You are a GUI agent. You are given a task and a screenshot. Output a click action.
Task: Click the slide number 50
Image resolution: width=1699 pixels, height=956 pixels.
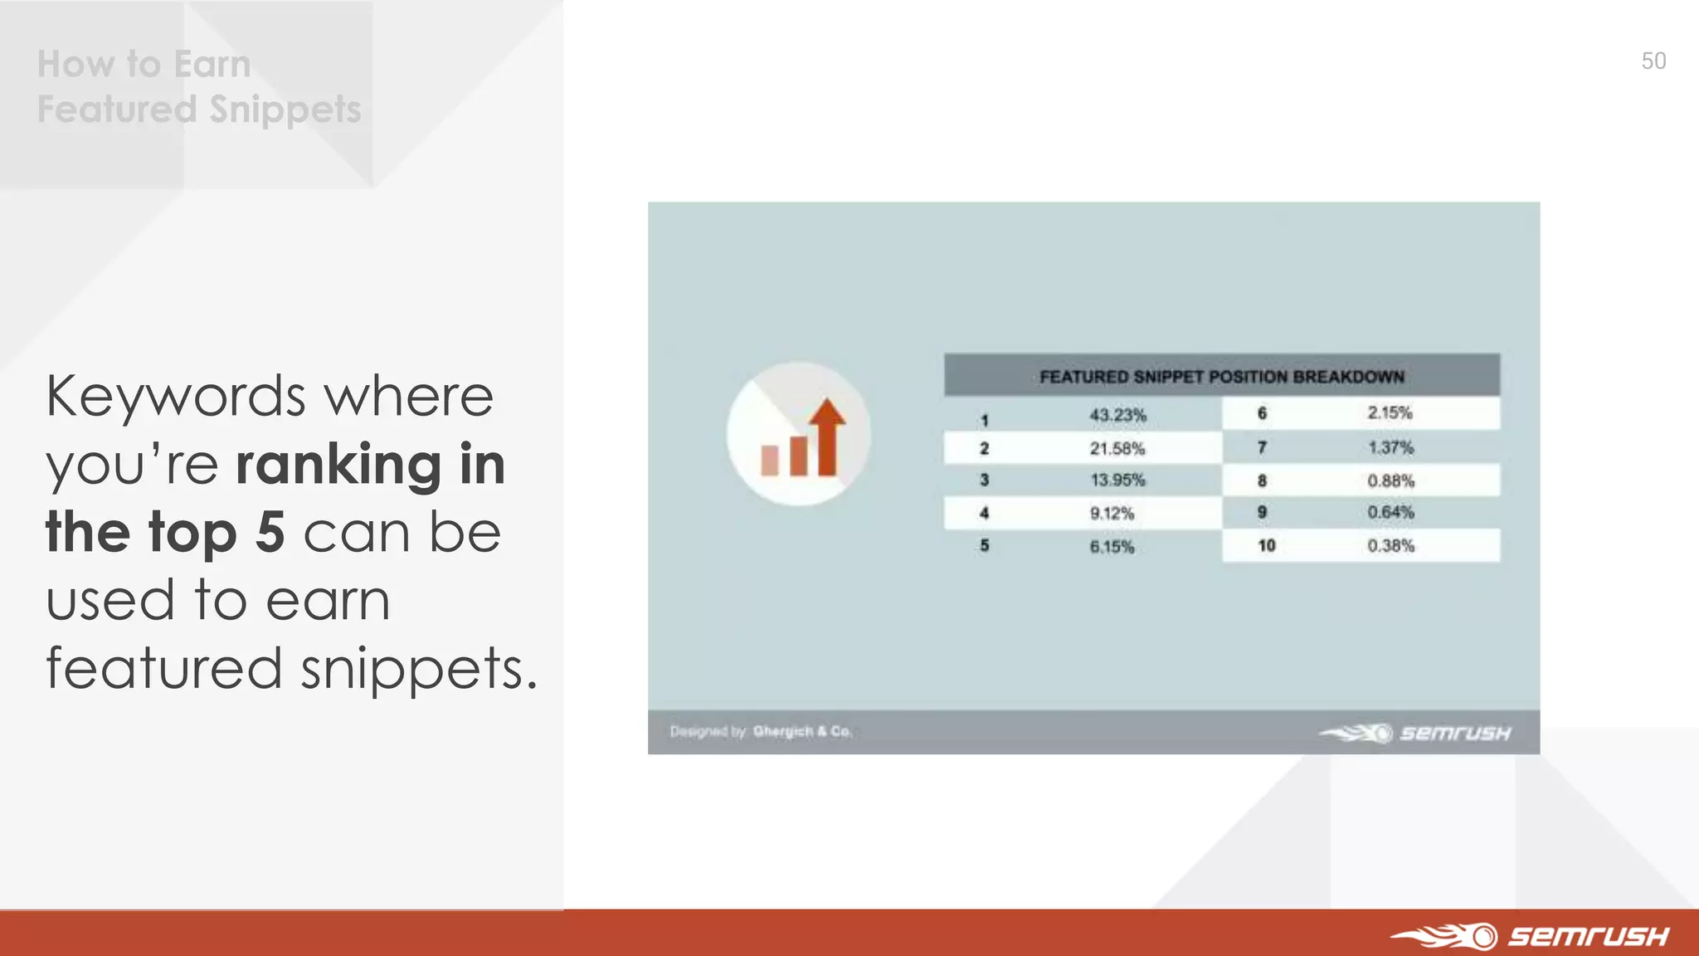tap(1653, 61)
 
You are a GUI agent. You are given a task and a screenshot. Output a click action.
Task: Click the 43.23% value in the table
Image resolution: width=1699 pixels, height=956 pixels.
tap(1117, 415)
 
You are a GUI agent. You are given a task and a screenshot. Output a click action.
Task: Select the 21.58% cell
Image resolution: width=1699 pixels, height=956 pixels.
tap(1117, 449)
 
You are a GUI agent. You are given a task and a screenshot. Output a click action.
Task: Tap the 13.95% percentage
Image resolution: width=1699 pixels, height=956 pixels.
tap(1117, 480)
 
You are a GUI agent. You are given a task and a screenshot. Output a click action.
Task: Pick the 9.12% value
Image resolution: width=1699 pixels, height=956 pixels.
tap(1112, 514)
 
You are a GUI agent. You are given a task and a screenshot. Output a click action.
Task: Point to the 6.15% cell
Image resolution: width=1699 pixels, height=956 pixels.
tap(1112, 547)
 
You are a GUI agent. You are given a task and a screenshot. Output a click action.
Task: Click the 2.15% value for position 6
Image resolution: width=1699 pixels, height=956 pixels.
tap(1390, 413)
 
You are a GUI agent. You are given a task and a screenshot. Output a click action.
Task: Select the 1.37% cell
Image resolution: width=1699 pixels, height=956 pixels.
tap(1390, 448)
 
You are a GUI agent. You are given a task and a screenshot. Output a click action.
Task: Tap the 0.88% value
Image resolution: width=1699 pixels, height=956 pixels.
tap(1390, 481)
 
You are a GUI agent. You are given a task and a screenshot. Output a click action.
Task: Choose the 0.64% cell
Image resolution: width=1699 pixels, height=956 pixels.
tap(1390, 513)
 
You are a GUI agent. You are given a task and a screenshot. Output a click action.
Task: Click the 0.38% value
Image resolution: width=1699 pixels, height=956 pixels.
tap(1390, 546)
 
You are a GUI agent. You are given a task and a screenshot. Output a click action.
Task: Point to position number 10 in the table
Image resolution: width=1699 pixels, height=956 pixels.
tap(1266, 546)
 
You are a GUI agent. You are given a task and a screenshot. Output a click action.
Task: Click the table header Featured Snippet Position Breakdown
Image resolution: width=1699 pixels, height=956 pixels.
tap(1221, 377)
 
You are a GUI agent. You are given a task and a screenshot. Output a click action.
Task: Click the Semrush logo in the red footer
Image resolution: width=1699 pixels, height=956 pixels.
tap(1531, 936)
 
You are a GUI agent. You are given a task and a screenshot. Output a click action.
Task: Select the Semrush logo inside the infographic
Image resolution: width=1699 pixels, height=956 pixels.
tap(1415, 733)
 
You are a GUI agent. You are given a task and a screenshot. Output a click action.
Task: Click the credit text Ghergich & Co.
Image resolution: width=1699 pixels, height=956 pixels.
tap(801, 731)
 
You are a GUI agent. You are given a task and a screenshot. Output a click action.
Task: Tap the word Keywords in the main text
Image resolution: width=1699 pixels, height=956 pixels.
tap(176, 397)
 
